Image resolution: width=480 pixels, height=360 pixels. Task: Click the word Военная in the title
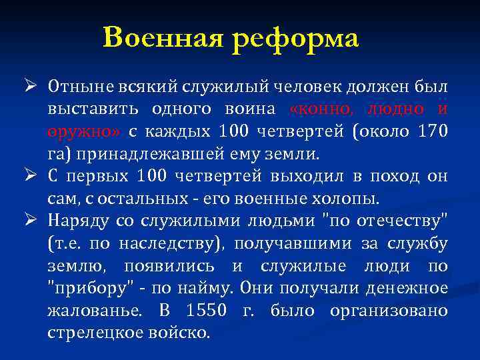[163, 37]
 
